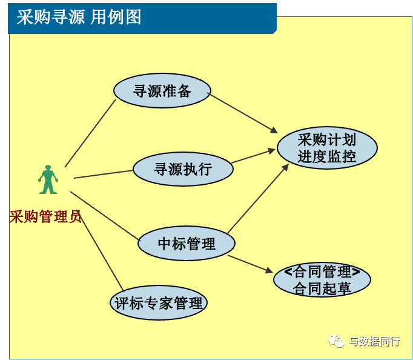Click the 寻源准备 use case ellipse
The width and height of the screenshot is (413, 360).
point(162,90)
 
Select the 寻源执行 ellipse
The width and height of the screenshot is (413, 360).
point(183,168)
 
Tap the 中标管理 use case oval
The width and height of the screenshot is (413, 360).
point(187,243)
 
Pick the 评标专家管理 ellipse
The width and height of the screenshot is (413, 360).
point(159,302)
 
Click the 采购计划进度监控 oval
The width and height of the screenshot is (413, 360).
point(327,148)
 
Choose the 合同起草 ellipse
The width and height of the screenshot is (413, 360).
point(322,279)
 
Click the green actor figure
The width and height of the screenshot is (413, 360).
point(48,179)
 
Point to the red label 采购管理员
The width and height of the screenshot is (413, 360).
point(45,216)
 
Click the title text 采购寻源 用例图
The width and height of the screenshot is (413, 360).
point(79,17)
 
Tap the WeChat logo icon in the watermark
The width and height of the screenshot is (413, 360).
point(336,341)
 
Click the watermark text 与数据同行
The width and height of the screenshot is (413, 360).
point(374,341)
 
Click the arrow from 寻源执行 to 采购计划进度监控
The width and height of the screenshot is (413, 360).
point(253,156)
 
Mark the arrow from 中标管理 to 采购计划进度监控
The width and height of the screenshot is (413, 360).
point(258,199)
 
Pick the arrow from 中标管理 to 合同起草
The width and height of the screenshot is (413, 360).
point(250,264)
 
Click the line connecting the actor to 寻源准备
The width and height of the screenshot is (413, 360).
point(90,133)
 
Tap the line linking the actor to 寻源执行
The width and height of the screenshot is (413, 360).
point(104,174)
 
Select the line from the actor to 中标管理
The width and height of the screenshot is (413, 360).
point(104,216)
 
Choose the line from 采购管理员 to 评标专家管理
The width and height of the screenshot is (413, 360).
point(102,253)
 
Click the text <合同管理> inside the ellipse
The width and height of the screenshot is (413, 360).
point(322,272)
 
